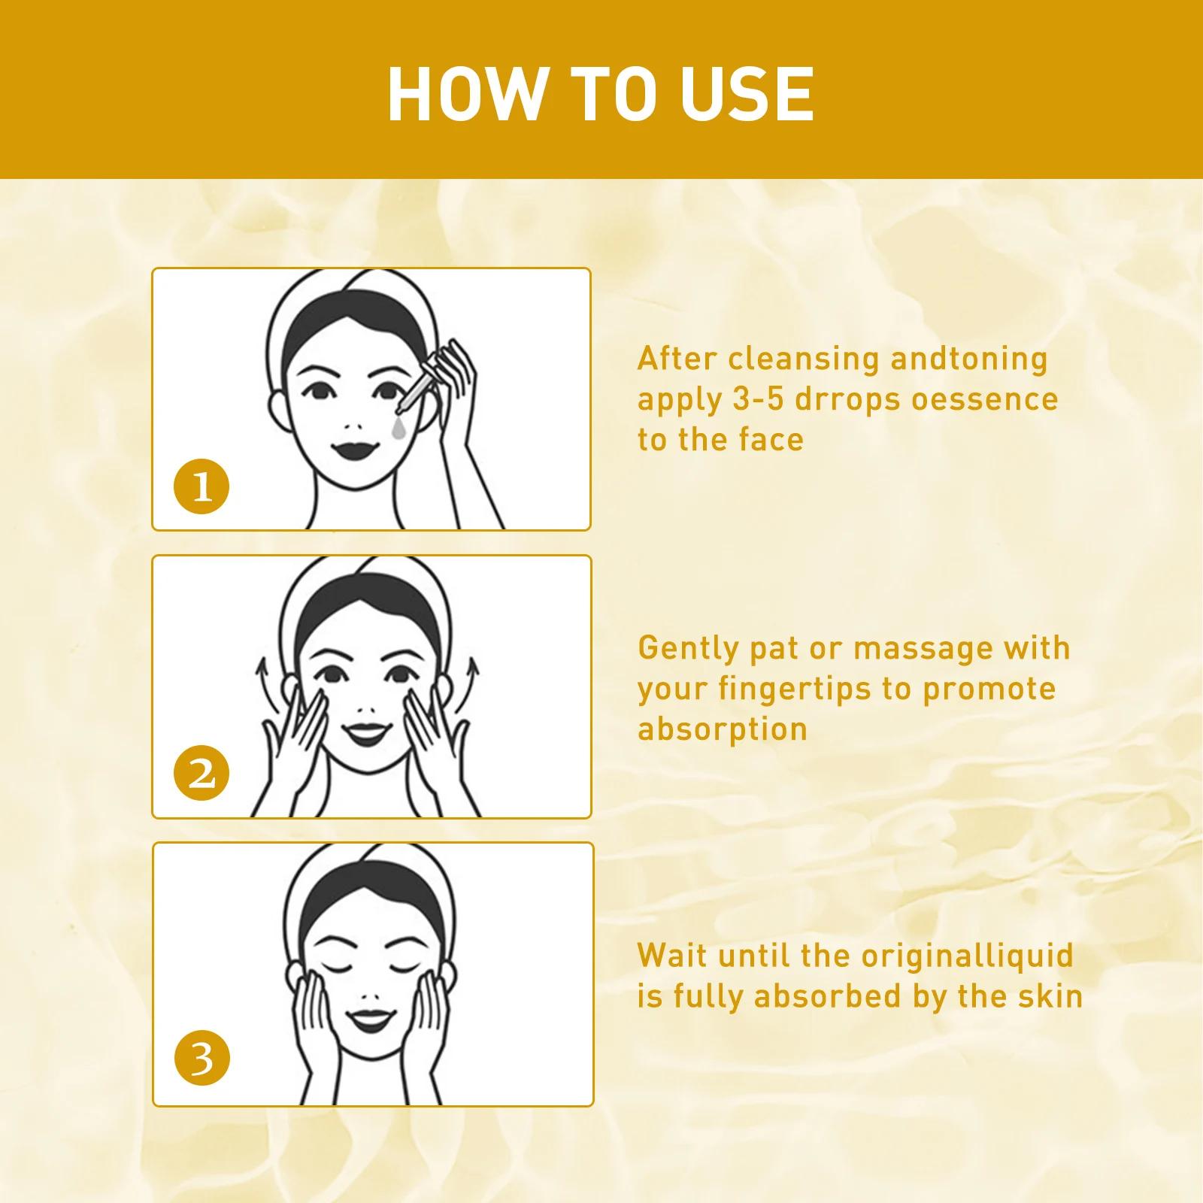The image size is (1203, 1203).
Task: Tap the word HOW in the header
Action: pos(467,94)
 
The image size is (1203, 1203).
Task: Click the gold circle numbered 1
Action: pos(201,486)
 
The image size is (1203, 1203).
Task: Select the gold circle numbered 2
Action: pos(201,773)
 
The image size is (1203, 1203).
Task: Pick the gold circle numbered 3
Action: pos(202,1058)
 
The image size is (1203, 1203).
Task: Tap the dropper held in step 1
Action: pos(416,387)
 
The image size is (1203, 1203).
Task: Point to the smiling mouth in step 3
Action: pos(370,1020)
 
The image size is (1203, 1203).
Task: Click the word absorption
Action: pos(723,729)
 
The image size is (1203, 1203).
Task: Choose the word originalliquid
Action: pos(967,956)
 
